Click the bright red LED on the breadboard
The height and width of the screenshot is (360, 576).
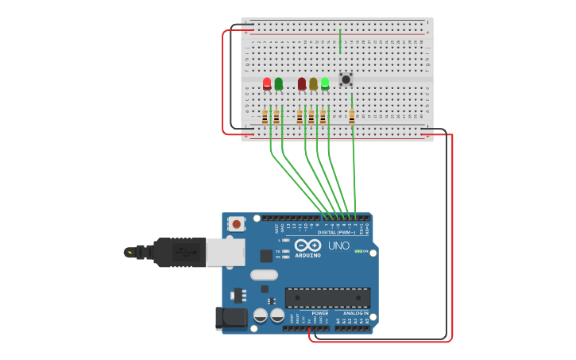267,83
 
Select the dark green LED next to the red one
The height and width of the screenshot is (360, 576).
278,83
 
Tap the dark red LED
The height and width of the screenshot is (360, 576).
302,83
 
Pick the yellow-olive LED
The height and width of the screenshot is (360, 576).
313,83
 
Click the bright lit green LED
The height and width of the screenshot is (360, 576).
325,83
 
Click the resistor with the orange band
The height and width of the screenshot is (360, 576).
352,117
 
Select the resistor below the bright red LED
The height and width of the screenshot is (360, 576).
265,117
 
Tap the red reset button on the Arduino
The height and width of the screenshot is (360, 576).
237,224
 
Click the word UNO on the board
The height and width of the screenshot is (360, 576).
338,246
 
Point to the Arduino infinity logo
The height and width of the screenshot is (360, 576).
307,245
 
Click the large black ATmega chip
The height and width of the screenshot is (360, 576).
327,298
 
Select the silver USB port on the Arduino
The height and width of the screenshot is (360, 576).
225,252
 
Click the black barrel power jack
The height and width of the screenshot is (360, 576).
231,319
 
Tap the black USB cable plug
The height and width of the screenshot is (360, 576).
179,252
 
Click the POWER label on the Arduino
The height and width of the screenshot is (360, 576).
319,313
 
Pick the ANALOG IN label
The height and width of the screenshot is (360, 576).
355,313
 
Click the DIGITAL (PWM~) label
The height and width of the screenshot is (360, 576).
337,232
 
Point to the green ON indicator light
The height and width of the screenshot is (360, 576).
359,251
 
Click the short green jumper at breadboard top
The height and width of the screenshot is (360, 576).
340,41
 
